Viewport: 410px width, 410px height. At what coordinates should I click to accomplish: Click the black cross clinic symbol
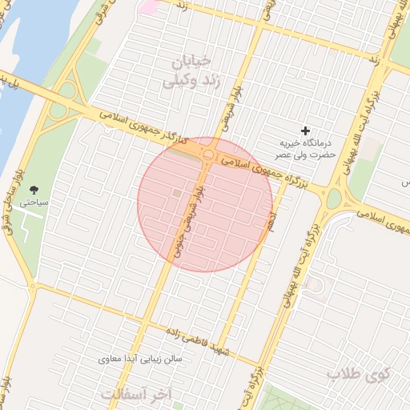coord(304,131)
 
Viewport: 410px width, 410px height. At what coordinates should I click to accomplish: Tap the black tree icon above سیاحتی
coord(34,189)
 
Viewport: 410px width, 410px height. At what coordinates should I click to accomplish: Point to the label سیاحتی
coord(34,203)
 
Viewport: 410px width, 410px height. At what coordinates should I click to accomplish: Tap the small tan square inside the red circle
coord(177,193)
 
